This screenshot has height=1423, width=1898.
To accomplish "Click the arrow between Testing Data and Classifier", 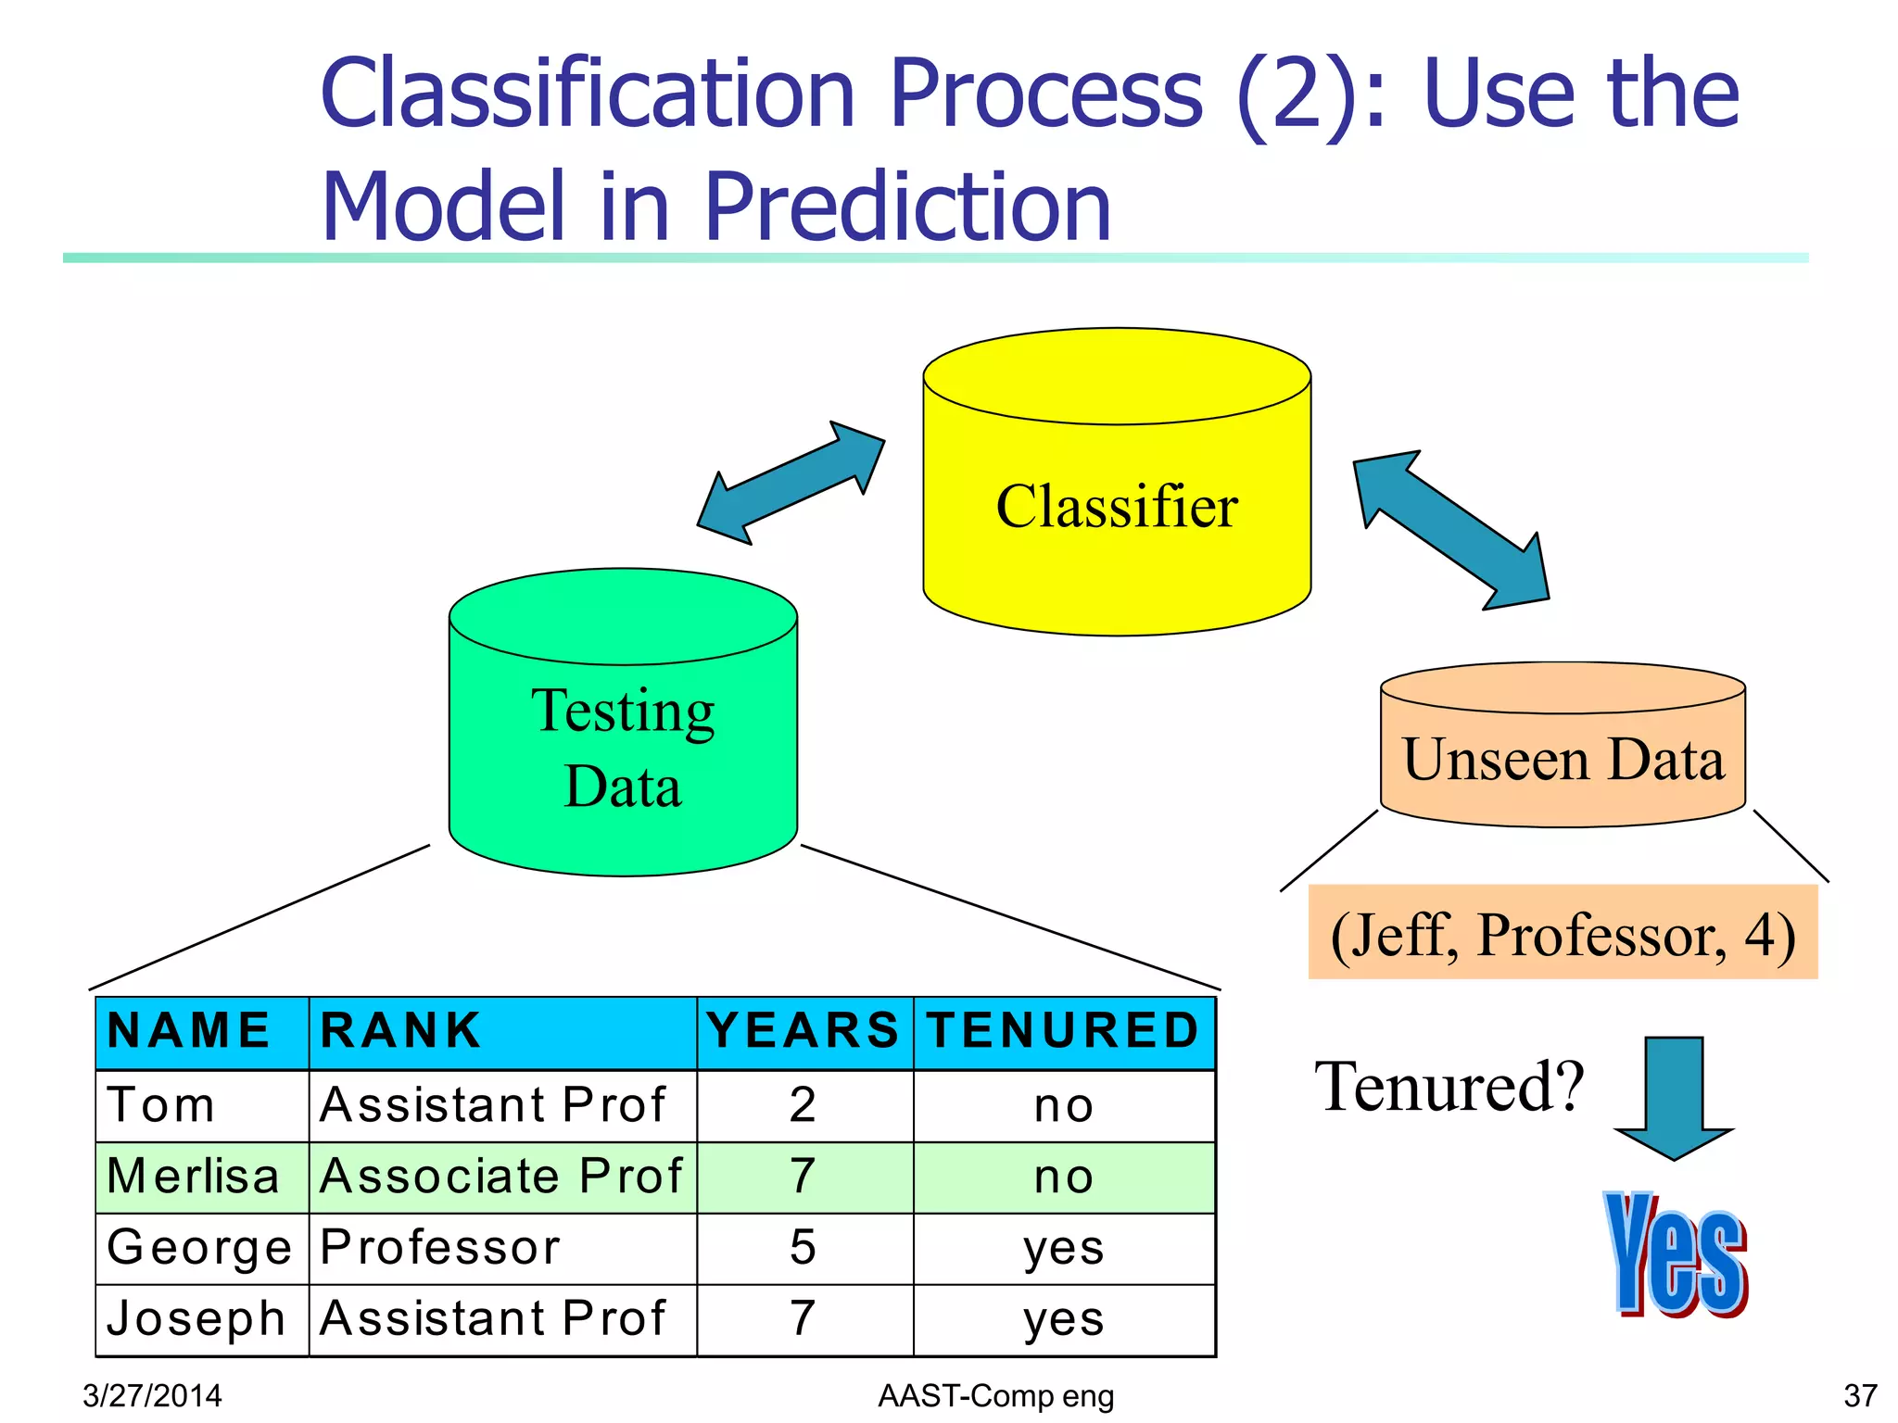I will (x=791, y=483).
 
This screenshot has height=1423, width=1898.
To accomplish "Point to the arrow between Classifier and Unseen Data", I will (x=1450, y=530).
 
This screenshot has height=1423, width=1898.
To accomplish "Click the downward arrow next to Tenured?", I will (x=1674, y=1098).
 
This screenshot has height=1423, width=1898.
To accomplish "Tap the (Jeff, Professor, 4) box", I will (x=1563, y=933).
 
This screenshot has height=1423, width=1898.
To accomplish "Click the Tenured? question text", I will (x=1449, y=1087).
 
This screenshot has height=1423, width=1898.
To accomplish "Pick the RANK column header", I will (x=401, y=1031).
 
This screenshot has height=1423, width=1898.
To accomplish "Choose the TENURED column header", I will (x=1064, y=1031).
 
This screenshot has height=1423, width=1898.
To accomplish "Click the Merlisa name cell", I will (x=194, y=1177).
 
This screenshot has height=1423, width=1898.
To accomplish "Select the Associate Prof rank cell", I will (x=500, y=1177).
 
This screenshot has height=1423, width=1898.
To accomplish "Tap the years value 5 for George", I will (x=803, y=1248).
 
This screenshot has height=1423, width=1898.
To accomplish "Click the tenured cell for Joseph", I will (x=1064, y=1319).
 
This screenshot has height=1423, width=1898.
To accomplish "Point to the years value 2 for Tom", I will (x=803, y=1105).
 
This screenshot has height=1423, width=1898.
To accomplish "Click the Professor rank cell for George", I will (x=441, y=1248).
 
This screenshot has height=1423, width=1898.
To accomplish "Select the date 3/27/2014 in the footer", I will (x=152, y=1395).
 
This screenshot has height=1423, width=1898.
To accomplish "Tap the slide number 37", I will (x=1860, y=1395).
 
